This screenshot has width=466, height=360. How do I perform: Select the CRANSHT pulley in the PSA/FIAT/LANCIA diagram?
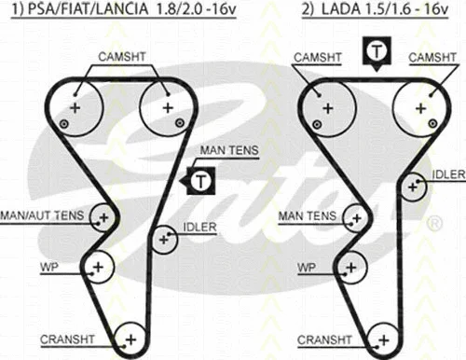click(x=130, y=339)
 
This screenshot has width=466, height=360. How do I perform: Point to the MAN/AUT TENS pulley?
click(x=103, y=217)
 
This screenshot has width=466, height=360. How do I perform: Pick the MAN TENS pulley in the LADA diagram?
click(x=355, y=217)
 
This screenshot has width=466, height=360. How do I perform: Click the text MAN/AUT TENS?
click(x=43, y=215)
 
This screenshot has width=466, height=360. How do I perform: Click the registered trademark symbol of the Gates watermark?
click(x=434, y=225)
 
